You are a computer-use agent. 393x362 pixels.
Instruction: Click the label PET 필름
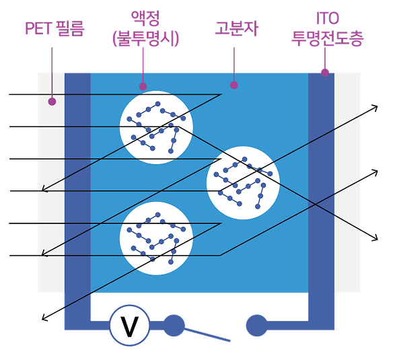click(55, 28)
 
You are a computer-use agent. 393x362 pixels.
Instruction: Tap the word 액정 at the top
click(145, 18)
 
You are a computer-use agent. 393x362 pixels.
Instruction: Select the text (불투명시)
click(145, 38)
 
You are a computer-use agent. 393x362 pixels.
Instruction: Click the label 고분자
click(236, 28)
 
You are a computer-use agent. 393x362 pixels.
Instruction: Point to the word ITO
click(327, 18)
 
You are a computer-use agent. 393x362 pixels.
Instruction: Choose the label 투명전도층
click(327, 38)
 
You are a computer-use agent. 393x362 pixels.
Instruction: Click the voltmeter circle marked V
click(130, 325)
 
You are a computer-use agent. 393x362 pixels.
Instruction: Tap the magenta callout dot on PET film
click(52, 102)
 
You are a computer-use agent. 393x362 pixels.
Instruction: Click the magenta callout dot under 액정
click(143, 87)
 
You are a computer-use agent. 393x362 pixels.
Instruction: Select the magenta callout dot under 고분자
click(234, 85)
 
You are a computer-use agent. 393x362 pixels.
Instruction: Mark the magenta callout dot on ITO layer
click(325, 73)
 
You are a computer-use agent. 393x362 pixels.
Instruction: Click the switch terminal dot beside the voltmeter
click(174, 326)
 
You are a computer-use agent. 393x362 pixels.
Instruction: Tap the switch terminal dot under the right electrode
click(256, 326)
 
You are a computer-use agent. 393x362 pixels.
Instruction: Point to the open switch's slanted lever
click(207, 334)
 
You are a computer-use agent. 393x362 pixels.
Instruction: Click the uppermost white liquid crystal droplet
click(156, 127)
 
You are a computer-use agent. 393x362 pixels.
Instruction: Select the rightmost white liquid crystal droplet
click(243, 183)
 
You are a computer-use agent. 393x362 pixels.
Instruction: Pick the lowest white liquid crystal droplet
click(156, 238)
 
